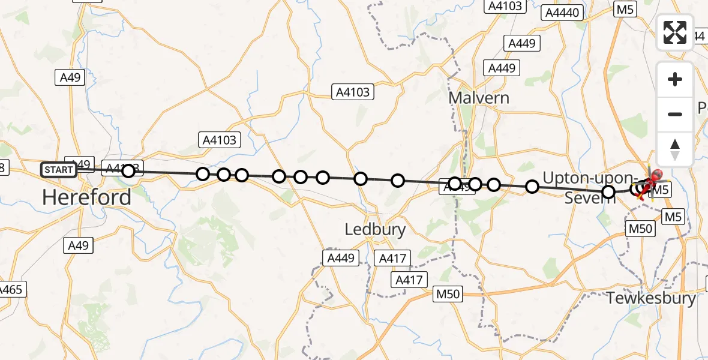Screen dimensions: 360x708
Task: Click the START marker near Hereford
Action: click(x=59, y=170)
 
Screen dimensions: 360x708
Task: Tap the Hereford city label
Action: click(x=87, y=197)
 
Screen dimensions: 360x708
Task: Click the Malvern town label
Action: click(x=479, y=98)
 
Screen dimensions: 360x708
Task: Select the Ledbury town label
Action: click(x=376, y=229)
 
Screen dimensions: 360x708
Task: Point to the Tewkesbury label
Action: click(x=652, y=298)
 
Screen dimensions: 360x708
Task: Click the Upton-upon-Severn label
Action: click(x=589, y=187)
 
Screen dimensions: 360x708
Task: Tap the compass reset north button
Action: click(x=675, y=149)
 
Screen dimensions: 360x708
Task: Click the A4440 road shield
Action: click(x=562, y=13)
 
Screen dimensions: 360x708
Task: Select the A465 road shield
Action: click(x=11, y=290)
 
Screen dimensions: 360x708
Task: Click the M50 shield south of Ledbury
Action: click(x=449, y=293)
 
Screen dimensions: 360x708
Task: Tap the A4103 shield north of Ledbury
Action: click(x=353, y=92)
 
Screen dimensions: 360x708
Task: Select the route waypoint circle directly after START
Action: click(x=128, y=172)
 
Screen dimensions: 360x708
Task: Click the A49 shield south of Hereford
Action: click(x=78, y=245)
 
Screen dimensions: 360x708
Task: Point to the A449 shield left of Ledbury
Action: click(x=341, y=258)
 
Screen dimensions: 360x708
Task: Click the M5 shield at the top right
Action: click(x=625, y=9)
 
